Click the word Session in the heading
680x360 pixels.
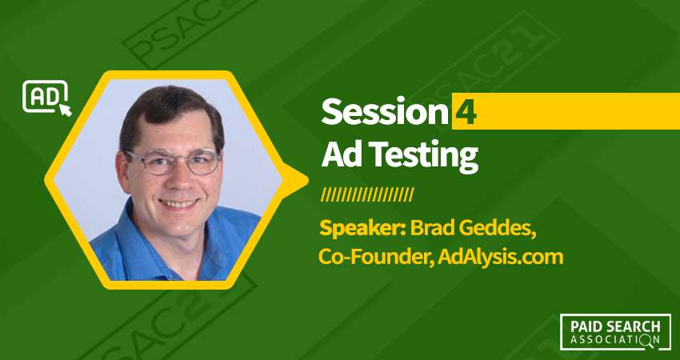click(x=385, y=112)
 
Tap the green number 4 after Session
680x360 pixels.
click(x=466, y=112)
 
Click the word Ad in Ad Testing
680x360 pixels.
click(x=336, y=154)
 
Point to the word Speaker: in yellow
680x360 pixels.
click(x=362, y=229)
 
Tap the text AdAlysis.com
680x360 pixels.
click(x=500, y=258)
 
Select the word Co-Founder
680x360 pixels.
click(x=374, y=258)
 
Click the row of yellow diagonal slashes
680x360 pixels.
click(x=367, y=194)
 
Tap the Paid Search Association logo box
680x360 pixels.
click(x=615, y=331)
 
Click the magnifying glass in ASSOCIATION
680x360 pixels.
click(x=646, y=341)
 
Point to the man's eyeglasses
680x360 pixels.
click(x=173, y=161)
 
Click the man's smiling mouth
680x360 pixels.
click(x=178, y=203)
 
